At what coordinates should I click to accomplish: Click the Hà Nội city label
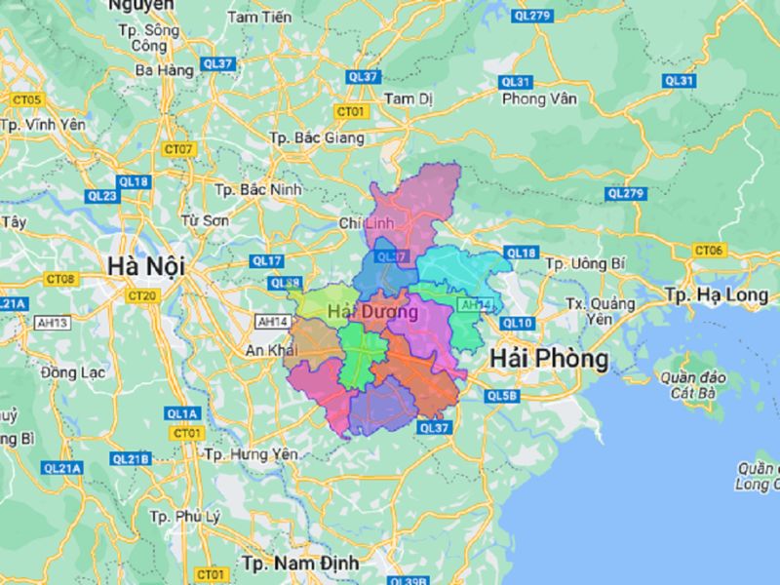pos(146,265)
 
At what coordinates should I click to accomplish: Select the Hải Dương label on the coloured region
pos(373,312)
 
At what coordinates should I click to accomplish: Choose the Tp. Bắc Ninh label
pos(257,189)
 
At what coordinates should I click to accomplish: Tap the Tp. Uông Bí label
pos(584,263)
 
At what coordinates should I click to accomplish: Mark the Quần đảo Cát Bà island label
pos(694,385)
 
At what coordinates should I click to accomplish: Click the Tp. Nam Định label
pos(300,563)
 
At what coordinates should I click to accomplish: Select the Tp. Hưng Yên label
pos(249,454)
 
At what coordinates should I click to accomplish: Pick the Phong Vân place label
pos(533,99)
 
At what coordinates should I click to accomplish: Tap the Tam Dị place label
pos(408,99)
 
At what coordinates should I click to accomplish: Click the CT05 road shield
pos(27,99)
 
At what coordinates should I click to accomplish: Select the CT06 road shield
pos(709,251)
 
